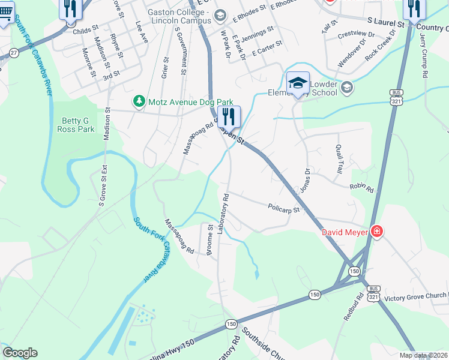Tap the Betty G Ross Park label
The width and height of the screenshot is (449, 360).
[75, 125]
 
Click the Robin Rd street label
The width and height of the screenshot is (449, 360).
[361, 188]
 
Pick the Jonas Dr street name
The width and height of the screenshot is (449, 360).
[307, 179]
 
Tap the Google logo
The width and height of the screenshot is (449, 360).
[20, 353]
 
